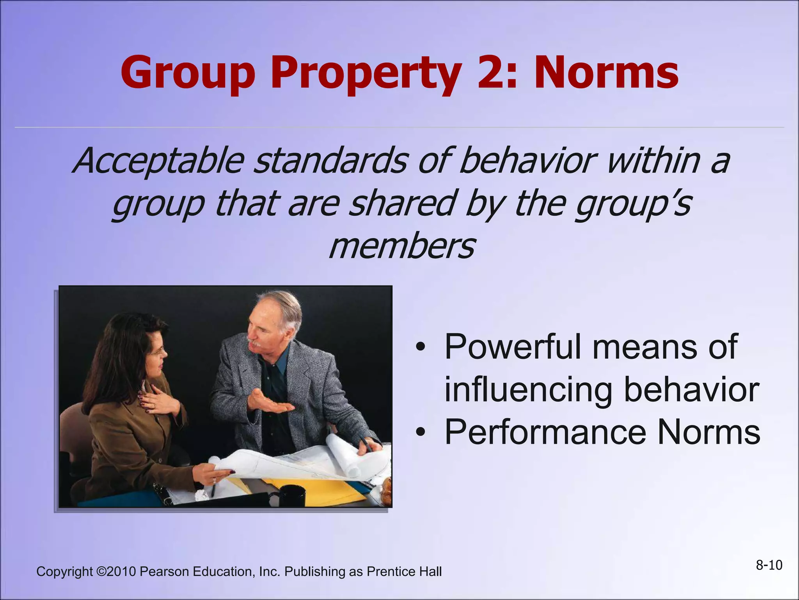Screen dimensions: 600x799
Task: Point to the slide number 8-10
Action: (769, 565)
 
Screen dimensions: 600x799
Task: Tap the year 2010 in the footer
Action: (121, 571)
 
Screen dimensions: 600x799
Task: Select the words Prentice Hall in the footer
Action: (404, 571)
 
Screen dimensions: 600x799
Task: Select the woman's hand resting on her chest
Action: (154, 398)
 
